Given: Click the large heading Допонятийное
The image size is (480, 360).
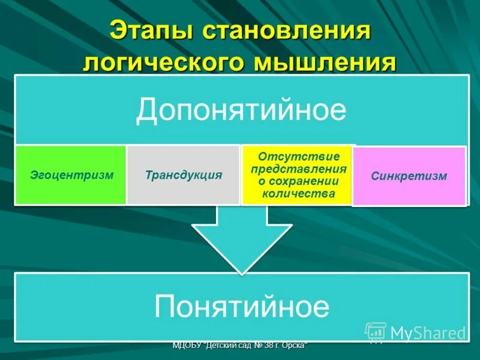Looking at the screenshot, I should pos(241,110).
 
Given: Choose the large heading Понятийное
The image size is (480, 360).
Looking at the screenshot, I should pos(242,307).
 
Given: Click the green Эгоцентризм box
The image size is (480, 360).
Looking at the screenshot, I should pos(71,175).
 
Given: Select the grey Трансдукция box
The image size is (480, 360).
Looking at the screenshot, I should pos(184,175).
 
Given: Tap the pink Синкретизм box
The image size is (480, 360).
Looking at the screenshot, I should pos(409,176).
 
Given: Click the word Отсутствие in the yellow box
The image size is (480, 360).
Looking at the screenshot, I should pos(298,157).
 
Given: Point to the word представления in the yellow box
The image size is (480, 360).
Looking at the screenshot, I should pos(298,169).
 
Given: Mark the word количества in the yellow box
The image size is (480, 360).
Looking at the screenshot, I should pos(298,194).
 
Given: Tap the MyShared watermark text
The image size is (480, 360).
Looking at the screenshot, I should pos(428,333).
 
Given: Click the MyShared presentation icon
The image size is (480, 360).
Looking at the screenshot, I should pos(376,332).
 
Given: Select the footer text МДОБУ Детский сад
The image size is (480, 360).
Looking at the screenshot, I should pos(239,346).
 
